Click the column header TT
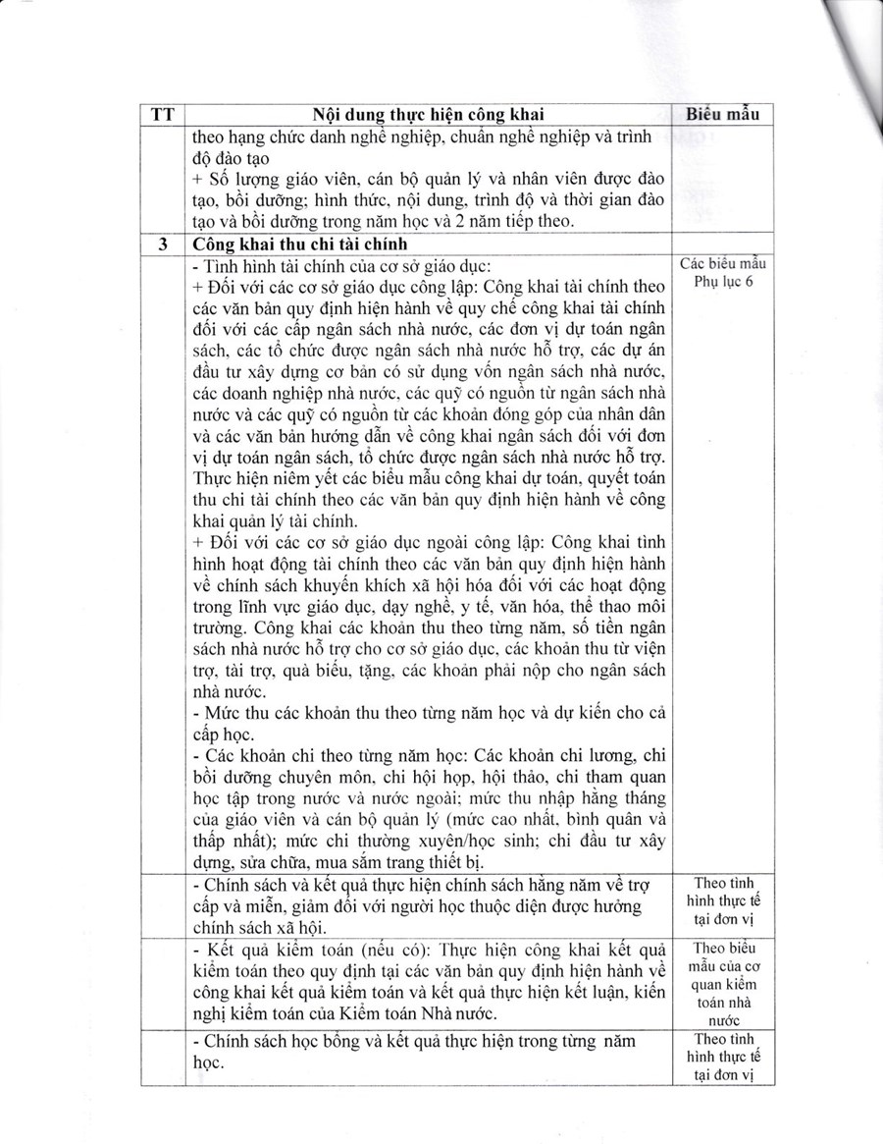click(x=163, y=114)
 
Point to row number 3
click(x=163, y=245)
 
